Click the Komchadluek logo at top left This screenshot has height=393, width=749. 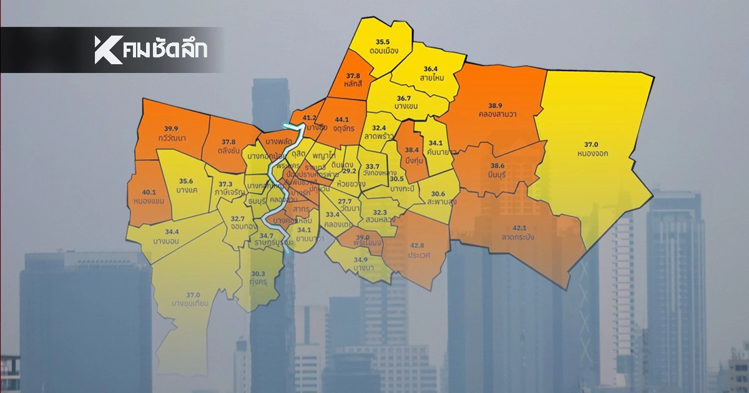click(x=150, y=50)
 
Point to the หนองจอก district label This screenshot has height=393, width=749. click(x=593, y=152)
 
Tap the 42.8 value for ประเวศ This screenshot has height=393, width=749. click(x=417, y=246)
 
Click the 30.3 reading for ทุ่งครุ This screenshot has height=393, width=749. click(x=258, y=273)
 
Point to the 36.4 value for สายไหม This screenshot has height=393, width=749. click(x=431, y=69)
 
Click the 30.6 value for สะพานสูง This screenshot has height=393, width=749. click(x=438, y=193)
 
